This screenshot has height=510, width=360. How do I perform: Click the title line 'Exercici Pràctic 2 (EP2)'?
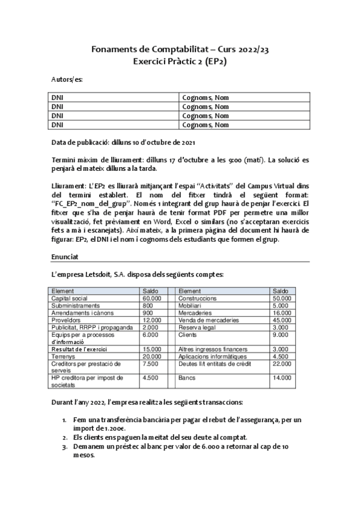180,60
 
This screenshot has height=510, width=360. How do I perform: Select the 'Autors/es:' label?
67,79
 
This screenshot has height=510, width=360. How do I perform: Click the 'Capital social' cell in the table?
70,298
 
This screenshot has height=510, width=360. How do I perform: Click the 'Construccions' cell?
198,298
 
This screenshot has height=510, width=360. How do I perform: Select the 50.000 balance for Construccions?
282,298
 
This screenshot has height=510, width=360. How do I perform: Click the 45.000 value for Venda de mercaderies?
282,320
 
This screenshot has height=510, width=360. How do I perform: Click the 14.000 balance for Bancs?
282,378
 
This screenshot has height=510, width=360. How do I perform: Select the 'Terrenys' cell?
63,356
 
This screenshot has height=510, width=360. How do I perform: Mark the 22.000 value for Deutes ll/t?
282,363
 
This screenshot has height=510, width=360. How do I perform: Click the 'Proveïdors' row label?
66,320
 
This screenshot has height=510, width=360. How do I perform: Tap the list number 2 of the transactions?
64,437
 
